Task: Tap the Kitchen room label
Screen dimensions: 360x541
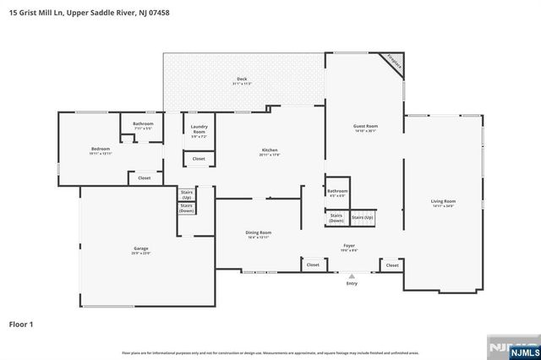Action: coord(270,152)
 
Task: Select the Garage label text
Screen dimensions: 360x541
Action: coord(140,249)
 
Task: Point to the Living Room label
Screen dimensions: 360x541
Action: coord(443,203)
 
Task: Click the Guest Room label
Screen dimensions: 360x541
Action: coord(365,128)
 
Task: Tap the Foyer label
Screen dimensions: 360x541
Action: coord(348,247)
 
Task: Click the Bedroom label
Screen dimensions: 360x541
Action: coord(101,150)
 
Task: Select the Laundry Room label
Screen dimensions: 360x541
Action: coord(199,130)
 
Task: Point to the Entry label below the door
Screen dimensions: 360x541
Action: coord(352,283)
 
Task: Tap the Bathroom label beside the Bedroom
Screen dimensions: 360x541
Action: coord(143,125)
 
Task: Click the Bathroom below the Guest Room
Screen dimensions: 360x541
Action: coord(337,192)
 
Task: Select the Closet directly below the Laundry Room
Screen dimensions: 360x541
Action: coord(199,159)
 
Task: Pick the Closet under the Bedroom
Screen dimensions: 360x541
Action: coord(144,178)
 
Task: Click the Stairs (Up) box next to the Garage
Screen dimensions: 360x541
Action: coord(186,194)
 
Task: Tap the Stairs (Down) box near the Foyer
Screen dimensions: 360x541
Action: coord(336,218)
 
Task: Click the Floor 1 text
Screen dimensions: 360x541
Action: coord(21,324)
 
